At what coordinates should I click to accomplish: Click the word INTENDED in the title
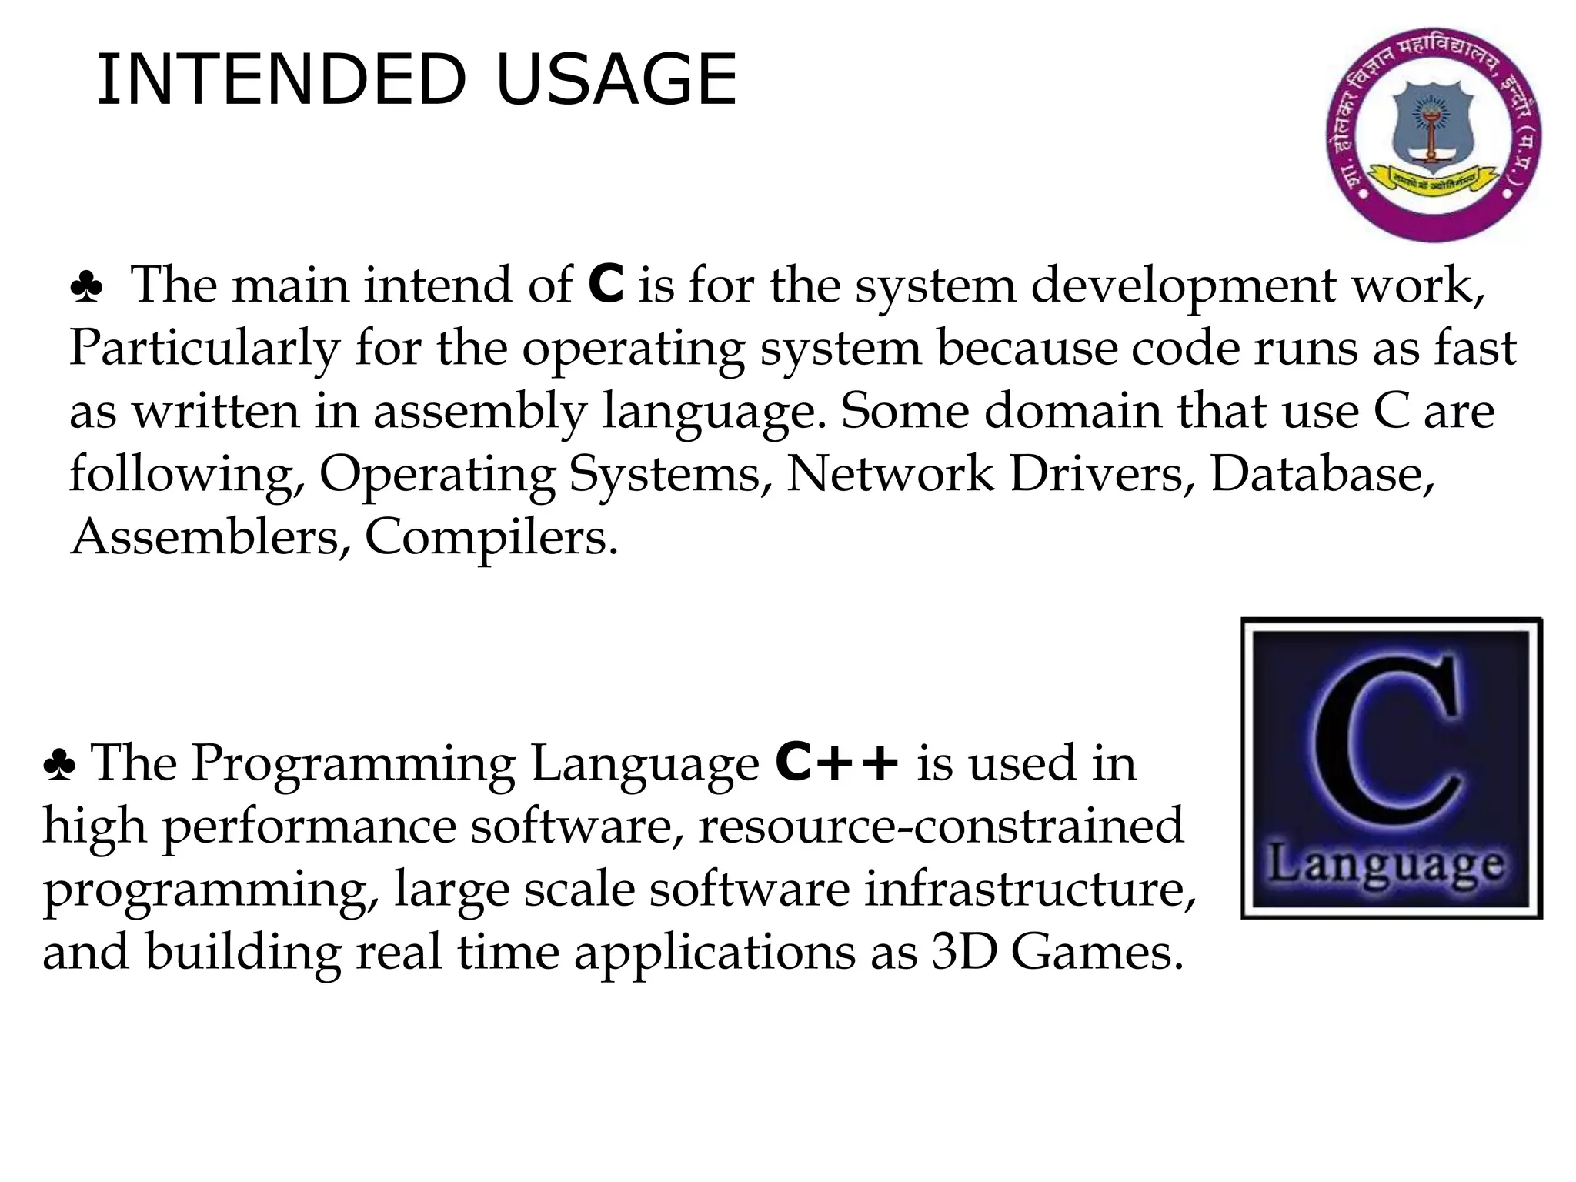click(x=281, y=79)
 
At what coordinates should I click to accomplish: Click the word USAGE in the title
click(x=616, y=79)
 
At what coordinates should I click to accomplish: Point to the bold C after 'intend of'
click(x=606, y=285)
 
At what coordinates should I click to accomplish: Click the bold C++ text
click(x=837, y=763)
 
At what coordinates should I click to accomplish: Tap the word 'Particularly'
click(x=205, y=349)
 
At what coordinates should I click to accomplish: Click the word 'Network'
click(x=890, y=473)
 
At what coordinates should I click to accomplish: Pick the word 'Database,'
click(x=1323, y=473)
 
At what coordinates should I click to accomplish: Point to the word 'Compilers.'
click(x=491, y=538)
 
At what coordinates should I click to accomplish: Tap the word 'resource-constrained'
click(x=940, y=826)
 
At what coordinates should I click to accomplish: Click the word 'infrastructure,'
click(x=1030, y=889)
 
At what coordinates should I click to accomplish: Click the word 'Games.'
click(x=1097, y=952)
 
